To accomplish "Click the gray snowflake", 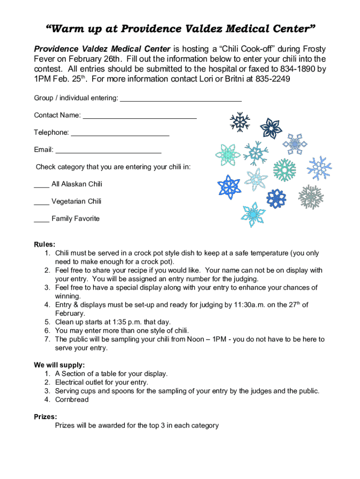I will (311, 196).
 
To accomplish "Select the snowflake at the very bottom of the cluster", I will (253, 215).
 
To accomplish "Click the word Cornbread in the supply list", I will (72, 399).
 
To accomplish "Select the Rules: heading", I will (44, 244).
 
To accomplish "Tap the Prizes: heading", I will (45, 416).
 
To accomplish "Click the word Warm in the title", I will (65, 29).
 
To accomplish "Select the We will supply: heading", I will (59, 365).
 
